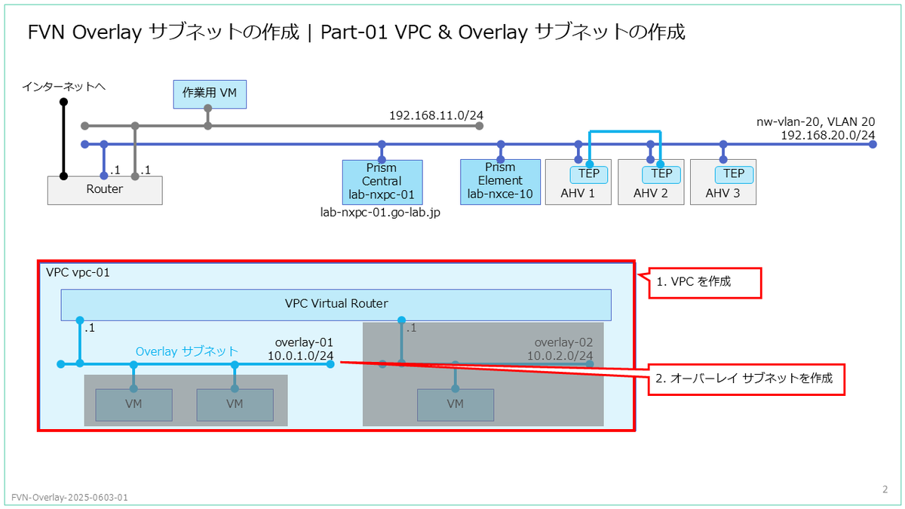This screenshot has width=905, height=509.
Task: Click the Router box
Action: (x=105, y=190)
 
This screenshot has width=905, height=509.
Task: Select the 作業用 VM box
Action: (x=210, y=94)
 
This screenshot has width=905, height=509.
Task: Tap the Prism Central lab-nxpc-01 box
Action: (x=382, y=182)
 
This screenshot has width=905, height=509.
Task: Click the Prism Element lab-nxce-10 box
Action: (x=500, y=182)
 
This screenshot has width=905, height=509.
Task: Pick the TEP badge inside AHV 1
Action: (x=589, y=174)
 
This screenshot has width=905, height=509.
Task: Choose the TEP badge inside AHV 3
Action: (x=734, y=174)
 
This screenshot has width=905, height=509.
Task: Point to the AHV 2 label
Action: (x=650, y=194)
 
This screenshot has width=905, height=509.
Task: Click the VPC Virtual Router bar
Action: (x=336, y=305)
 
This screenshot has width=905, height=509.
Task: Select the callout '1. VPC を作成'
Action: (x=704, y=283)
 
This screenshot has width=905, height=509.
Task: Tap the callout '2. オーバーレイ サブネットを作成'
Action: (x=746, y=379)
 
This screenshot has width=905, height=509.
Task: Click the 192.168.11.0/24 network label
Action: (x=436, y=115)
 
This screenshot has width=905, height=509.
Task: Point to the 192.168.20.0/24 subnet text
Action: (x=828, y=135)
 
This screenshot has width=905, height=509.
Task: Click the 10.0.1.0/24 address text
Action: (x=301, y=356)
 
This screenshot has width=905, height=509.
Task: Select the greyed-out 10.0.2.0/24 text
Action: (x=560, y=356)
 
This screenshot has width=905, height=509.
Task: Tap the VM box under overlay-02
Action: (x=456, y=405)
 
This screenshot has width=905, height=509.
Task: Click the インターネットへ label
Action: (x=64, y=87)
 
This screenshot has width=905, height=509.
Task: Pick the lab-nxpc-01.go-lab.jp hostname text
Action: (x=380, y=213)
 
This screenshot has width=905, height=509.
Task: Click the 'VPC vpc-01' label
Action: (x=78, y=273)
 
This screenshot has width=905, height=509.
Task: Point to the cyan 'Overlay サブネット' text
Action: (x=187, y=351)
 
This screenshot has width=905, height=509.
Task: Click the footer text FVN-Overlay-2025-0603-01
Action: (x=69, y=497)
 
